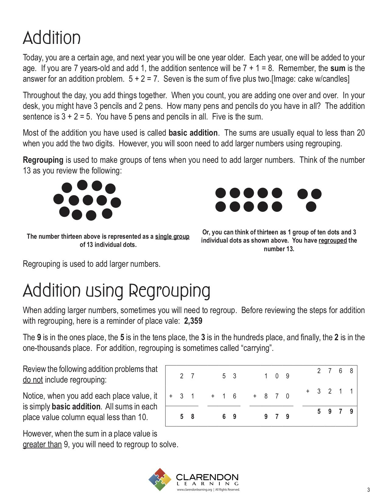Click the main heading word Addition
click(52, 38)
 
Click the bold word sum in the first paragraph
click(338, 68)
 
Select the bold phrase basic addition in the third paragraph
click(193, 133)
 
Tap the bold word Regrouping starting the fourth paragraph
click(43, 160)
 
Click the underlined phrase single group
click(172, 237)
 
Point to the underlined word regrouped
click(333, 241)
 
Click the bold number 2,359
click(193, 321)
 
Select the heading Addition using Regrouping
click(117, 291)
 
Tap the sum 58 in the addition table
click(187, 417)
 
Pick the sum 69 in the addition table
click(229, 417)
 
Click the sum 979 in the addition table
click(277, 417)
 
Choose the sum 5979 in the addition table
click(335, 412)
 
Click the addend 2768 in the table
click(335, 371)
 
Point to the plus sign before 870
click(255, 396)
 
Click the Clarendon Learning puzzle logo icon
click(160, 480)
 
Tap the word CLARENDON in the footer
click(207, 477)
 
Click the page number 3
click(369, 490)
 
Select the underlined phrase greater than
click(42, 444)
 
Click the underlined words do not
click(33, 380)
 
